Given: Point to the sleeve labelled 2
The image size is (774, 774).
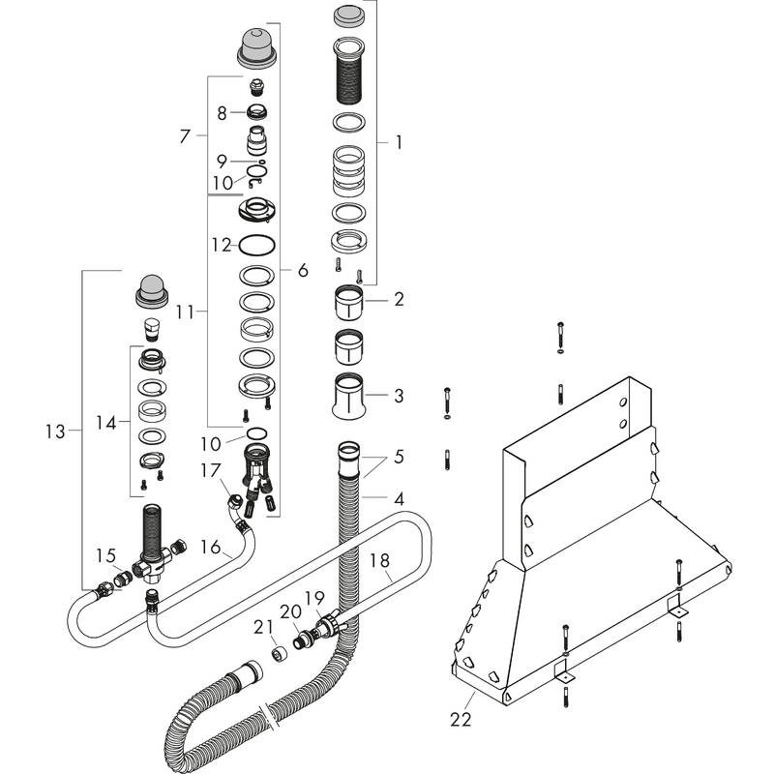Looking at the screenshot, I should [x=349, y=302].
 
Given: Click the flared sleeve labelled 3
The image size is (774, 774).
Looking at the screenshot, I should [x=349, y=395].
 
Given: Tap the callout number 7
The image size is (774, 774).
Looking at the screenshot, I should [x=187, y=137].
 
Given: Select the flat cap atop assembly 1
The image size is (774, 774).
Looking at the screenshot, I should [x=349, y=15].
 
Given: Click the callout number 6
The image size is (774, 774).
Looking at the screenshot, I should [x=302, y=271].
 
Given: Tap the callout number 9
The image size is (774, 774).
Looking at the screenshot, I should [x=222, y=161].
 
